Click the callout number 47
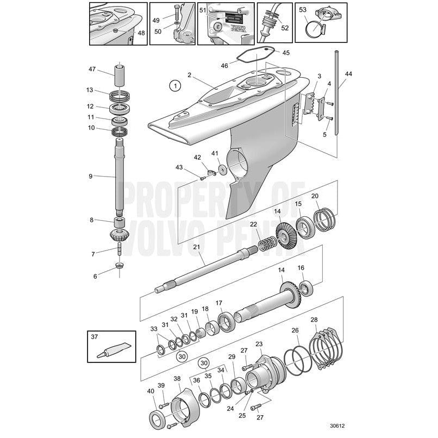coord(92,69)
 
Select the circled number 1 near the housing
coord(174,85)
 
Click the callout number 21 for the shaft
coord(196,247)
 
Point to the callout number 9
coord(91,176)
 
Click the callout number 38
coord(177,379)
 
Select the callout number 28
coord(314,320)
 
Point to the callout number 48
coord(141,33)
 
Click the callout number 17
coord(219,303)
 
